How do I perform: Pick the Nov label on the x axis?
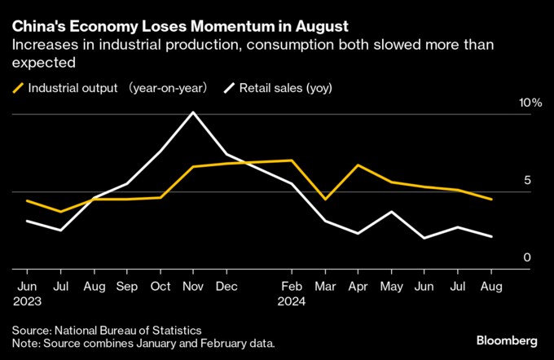(x=192, y=288)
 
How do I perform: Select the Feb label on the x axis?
(x=292, y=288)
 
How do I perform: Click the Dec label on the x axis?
(x=226, y=288)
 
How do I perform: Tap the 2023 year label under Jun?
(x=28, y=302)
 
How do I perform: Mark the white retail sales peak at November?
(x=192, y=112)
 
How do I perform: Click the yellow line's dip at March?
(x=325, y=199)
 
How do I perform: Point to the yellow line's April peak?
(x=358, y=165)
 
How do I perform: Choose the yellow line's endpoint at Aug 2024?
(x=491, y=199)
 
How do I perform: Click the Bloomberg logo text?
(x=507, y=340)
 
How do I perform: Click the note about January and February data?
(x=143, y=343)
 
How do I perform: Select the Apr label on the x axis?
(x=358, y=288)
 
